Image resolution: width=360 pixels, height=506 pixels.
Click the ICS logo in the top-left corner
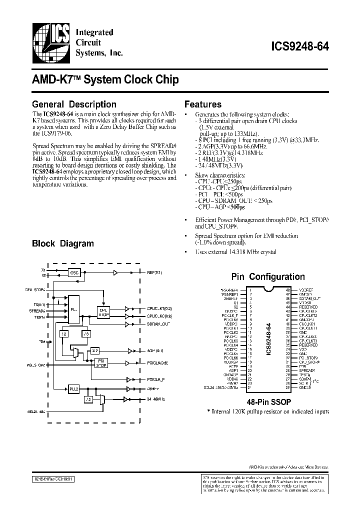51,42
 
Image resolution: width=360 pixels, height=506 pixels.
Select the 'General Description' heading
74,104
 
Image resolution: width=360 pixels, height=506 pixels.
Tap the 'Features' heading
203,104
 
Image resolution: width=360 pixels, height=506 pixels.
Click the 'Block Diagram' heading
63,243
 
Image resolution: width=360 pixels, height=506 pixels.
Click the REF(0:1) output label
154,273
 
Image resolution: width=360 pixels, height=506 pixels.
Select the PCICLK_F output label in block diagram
156,380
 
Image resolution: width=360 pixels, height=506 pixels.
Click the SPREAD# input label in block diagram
37,310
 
